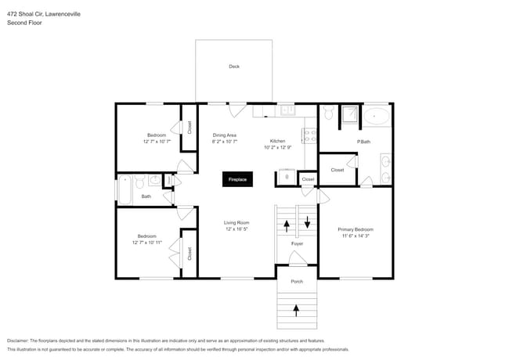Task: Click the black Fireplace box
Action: point(237,179)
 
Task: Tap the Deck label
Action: point(233,67)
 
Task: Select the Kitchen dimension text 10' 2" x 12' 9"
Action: point(277,147)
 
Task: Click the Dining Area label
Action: point(225,135)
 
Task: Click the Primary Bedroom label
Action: point(355,229)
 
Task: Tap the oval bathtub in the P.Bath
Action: point(377,117)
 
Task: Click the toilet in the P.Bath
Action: point(330,114)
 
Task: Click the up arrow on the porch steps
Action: point(296,311)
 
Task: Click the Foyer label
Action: point(297,243)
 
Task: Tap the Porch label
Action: point(297,281)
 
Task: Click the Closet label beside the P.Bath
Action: point(338,170)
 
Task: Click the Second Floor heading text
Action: point(24,23)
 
